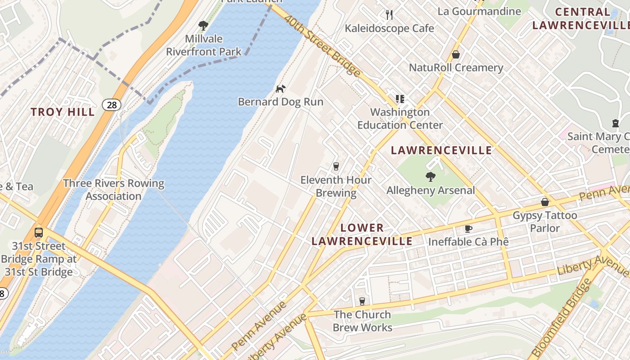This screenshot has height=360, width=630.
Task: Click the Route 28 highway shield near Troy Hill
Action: [x=111, y=105]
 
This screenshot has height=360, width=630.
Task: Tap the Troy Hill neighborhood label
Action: [x=63, y=112]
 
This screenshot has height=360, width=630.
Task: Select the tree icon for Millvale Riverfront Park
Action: [x=203, y=25]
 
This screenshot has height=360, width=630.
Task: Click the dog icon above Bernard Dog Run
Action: [x=280, y=89]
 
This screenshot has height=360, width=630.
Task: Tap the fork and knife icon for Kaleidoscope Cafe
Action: [x=389, y=15]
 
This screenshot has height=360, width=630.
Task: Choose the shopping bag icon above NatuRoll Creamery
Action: [x=456, y=54]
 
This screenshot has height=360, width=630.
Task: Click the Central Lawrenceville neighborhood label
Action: [x=580, y=18]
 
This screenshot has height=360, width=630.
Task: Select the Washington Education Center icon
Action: [x=400, y=99]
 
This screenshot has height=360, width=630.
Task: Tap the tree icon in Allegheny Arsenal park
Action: [x=430, y=177]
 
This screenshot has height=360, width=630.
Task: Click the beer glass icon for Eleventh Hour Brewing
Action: [x=336, y=166]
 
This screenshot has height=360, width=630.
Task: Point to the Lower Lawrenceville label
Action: [x=362, y=234]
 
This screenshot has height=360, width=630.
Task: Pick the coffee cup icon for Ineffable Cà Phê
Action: [x=468, y=229]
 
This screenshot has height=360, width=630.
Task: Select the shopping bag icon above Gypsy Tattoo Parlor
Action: [x=545, y=202]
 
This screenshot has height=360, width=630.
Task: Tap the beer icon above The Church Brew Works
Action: [x=362, y=301]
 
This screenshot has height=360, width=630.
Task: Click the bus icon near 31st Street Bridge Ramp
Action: [x=39, y=233]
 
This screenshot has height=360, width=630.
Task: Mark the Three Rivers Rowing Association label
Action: [x=113, y=189]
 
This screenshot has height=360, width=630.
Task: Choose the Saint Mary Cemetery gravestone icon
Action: [x=615, y=123]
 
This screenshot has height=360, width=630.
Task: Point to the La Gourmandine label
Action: [x=479, y=11]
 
